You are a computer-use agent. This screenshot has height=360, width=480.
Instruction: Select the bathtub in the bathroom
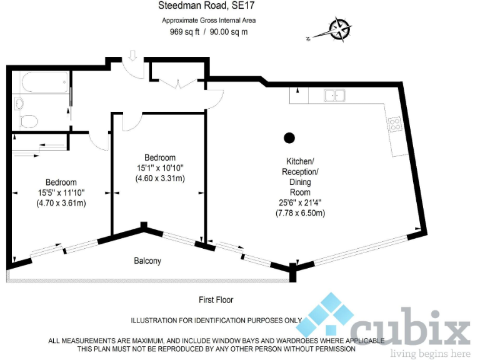pos(43,83)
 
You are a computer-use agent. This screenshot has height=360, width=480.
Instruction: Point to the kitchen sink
pos(334,96)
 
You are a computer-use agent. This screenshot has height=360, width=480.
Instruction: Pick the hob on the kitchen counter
pos(395,124)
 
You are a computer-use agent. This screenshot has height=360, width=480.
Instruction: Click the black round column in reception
pos(289,137)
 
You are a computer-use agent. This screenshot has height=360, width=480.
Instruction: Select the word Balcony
pos(147,261)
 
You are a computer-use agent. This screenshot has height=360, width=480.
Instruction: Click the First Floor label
pos(216,300)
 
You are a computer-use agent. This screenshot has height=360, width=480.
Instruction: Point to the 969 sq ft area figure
pos(184,32)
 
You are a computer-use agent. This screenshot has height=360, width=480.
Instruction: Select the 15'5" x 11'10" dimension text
pos(61,192)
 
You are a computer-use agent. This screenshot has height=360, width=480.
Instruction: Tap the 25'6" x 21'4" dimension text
pos(300,202)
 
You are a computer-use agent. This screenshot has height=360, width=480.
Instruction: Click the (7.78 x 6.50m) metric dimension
pos(301,213)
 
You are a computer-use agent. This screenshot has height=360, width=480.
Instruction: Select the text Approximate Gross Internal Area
pos(209,20)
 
